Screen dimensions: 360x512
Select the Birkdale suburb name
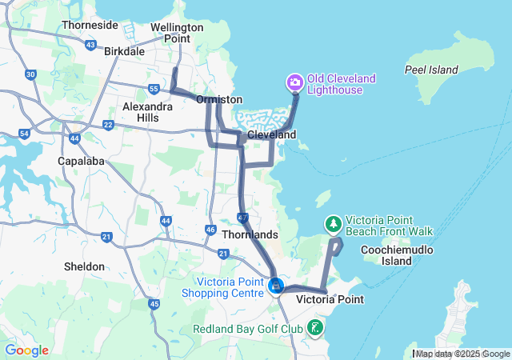point(124,51)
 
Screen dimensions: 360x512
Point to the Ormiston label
point(219,99)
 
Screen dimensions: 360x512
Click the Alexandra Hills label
point(146,111)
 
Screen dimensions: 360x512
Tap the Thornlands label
point(250,234)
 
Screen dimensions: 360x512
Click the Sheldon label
point(85,266)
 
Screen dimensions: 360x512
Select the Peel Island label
point(431,70)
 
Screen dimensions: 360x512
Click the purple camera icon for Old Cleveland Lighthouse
point(294,82)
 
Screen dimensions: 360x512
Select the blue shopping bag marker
point(275,285)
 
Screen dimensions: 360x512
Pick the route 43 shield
point(90,45)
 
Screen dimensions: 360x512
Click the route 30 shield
point(30,74)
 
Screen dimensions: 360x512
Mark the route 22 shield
point(108,124)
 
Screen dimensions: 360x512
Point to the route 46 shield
point(210,230)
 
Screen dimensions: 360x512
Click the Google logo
point(26,350)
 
